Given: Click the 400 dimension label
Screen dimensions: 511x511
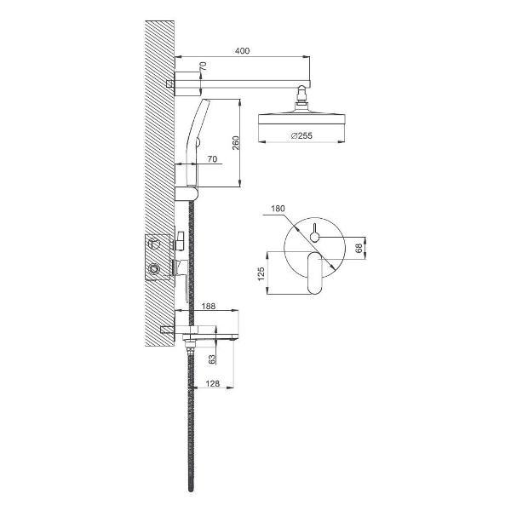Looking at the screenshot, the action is click(242, 51).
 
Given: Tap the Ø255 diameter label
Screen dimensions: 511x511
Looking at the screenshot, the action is click(301, 135).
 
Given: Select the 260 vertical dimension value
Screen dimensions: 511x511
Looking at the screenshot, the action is click(235, 143).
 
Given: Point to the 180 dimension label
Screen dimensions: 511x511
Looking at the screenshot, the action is click(278, 209).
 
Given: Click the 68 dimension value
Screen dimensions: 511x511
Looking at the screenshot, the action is click(359, 249).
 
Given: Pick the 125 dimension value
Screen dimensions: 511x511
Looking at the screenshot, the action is click(261, 274).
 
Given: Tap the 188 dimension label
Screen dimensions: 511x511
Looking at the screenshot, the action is click(209, 306).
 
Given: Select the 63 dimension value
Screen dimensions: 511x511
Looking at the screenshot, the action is click(212, 359).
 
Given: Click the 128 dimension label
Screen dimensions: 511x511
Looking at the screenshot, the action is click(213, 383).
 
